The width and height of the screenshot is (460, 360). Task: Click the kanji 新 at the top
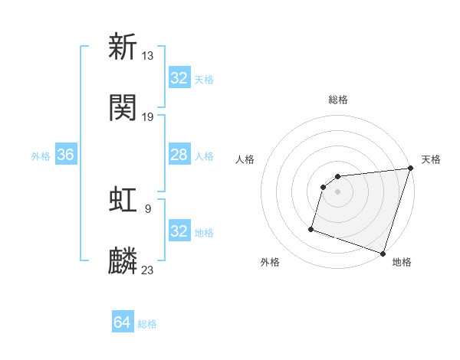tap(123, 47)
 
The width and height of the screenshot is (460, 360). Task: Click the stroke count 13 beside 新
tap(148, 55)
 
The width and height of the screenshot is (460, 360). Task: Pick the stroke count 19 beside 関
tap(148, 116)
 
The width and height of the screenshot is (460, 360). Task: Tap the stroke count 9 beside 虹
tap(148, 208)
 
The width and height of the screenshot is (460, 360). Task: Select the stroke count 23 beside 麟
tap(148, 270)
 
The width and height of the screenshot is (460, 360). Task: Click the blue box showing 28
tap(179, 155)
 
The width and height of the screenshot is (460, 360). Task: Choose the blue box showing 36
tap(66, 155)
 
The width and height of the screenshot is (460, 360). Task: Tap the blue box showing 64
tap(122, 322)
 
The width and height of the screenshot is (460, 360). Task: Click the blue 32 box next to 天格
tap(179, 78)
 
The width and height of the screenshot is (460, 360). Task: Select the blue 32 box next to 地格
tap(179, 231)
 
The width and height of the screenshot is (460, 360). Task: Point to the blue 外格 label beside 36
tap(41, 155)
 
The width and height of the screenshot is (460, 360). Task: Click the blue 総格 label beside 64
tap(147, 324)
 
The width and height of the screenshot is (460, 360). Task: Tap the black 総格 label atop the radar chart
tap(337, 100)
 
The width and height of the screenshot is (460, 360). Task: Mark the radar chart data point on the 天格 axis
tap(409, 169)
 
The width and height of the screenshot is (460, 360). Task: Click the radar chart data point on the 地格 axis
tap(383, 254)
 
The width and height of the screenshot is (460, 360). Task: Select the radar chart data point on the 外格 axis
tap(311, 228)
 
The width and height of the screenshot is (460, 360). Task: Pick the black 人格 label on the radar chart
tap(245, 159)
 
